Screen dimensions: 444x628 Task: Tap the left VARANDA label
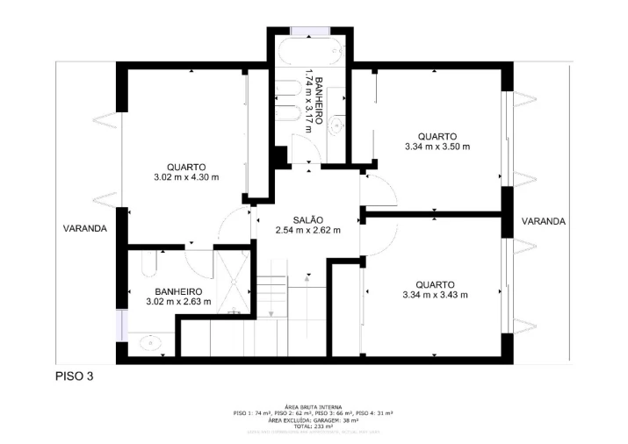pyautogui.click(x=84, y=228)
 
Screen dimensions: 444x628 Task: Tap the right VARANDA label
pyautogui.click(x=544, y=221)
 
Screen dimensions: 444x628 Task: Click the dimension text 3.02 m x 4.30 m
pyautogui.click(x=185, y=177)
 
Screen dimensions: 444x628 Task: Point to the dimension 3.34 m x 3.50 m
pyautogui.click(x=437, y=147)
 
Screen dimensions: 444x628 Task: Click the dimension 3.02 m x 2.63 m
pyautogui.click(x=178, y=303)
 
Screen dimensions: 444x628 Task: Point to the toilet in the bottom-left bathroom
pyautogui.click(x=148, y=258)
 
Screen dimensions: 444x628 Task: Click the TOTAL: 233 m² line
pyautogui.click(x=314, y=426)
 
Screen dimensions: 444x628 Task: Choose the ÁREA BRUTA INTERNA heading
pyautogui.click(x=314, y=407)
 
